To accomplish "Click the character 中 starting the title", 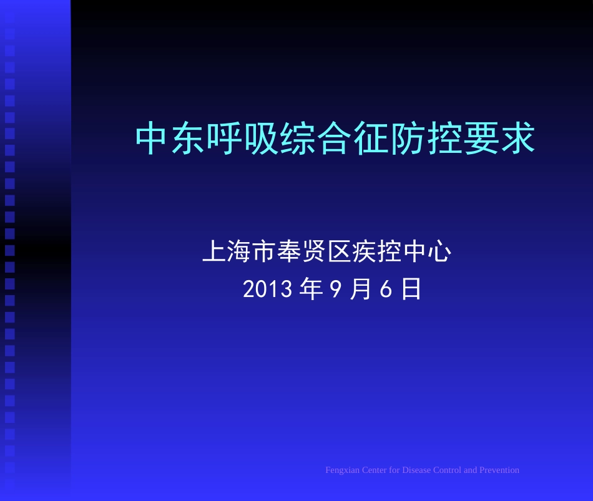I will click(153, 139).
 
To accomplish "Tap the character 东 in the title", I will click(189, 139).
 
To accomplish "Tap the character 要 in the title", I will click(481, 139).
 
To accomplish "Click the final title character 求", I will click(517, 139).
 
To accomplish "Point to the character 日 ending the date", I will click(411, 289).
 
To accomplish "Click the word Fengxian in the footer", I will click(342, 470).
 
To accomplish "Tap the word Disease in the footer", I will click(416, 470).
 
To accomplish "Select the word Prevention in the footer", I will click(499, 470).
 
